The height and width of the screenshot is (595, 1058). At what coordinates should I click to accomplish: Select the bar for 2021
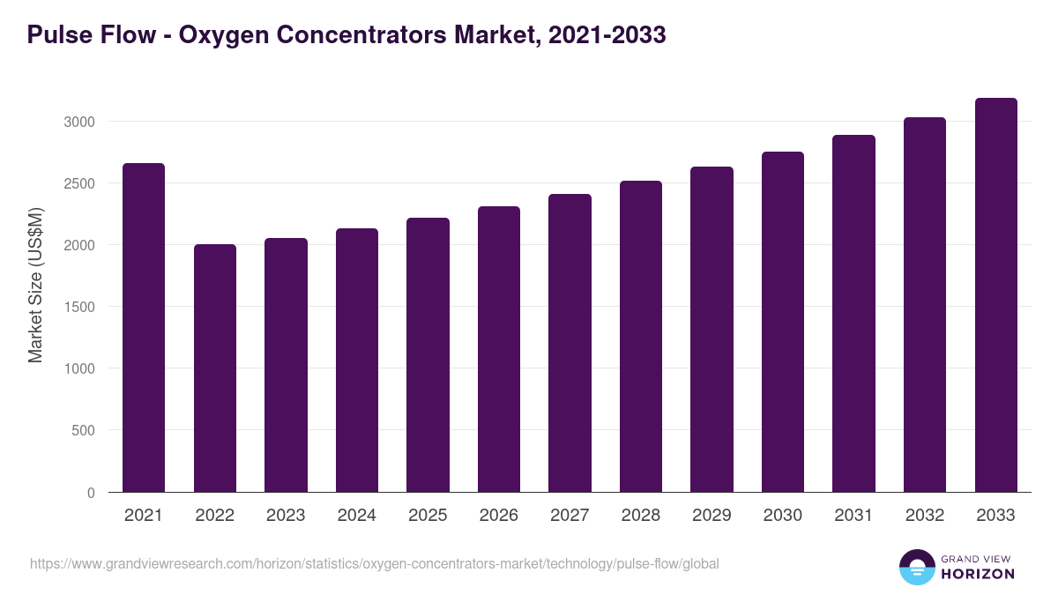[x=144, y=328]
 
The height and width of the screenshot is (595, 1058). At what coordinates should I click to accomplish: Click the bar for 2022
[x=215, y=368]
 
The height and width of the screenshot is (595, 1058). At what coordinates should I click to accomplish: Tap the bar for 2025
[x=428, y=355]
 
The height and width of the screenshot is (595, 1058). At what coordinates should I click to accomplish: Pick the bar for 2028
[x=641, y=337]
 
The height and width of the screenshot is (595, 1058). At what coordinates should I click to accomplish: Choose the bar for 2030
[x=783, y=322]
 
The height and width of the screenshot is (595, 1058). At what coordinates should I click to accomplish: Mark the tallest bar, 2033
[x=996, y=295]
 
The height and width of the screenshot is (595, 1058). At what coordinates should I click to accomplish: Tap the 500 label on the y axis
[x=85, y=431]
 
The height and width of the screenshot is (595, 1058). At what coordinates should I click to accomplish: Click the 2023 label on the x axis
[x=286, y=516]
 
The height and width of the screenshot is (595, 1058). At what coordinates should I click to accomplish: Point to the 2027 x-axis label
[x=570, y=516]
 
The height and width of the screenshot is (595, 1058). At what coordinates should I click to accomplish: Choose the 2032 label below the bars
[x=925, y=516]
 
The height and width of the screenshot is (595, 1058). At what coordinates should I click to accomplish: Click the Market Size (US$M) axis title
[x=35, y=284]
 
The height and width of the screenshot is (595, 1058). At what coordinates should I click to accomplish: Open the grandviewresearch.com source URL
[x=374, y=563]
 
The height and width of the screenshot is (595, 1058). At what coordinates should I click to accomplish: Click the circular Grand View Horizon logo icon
[x=916, y=567]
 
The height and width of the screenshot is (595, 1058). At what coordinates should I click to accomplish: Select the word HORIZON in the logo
[x=978, y=574]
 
